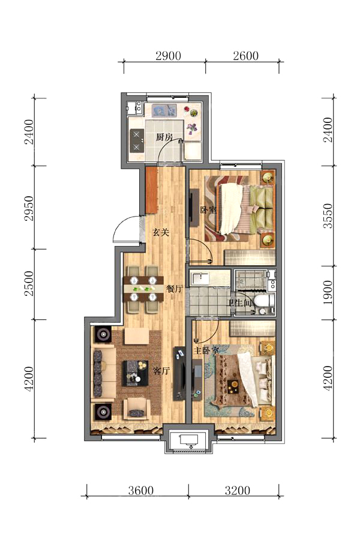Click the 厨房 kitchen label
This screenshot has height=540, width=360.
[164, 137]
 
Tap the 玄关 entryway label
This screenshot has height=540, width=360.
[161, 232]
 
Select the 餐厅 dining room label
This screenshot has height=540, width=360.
[174, 289]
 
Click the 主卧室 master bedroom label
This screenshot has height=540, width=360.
[206, 351]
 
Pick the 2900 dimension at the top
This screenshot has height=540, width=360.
[168, 55]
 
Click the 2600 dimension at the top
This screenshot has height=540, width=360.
[245, 55]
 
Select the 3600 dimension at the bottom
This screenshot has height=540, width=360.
[141, 490]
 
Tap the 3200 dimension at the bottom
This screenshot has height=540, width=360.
[238, 490]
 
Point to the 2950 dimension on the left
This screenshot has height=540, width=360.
[29, 208]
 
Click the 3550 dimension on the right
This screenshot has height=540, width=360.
[328, 216]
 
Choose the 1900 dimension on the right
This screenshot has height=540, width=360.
[328, 292]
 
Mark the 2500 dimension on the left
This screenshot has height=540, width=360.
[29, 283]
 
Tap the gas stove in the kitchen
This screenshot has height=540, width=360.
[137, 141]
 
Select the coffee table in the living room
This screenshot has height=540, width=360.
[135, 373]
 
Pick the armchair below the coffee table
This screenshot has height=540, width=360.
[137, 409]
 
